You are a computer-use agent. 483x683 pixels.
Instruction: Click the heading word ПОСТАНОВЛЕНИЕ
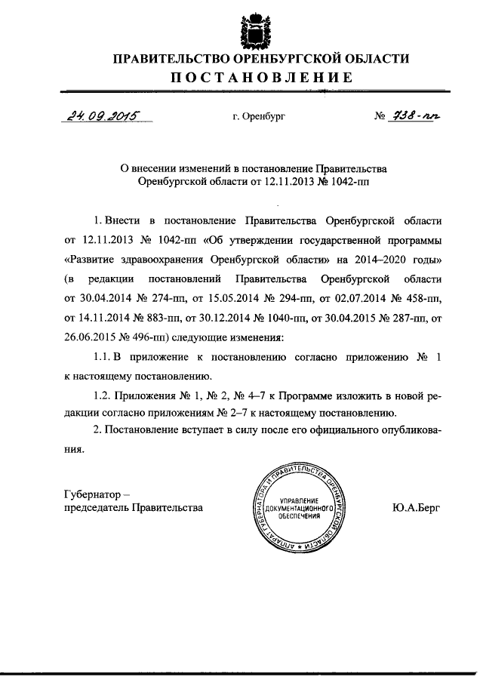[x=260, y=77]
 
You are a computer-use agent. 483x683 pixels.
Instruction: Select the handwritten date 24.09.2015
[x=99, y=116]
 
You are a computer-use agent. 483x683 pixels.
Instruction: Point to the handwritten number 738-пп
[x=417, y=115]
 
